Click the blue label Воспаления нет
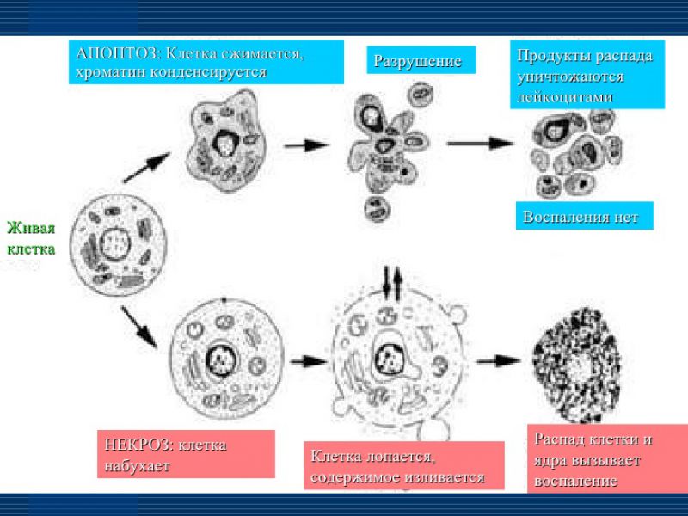[580, 217]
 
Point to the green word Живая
[31, 228]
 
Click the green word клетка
[31, 249]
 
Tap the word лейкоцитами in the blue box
[565, 96]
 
